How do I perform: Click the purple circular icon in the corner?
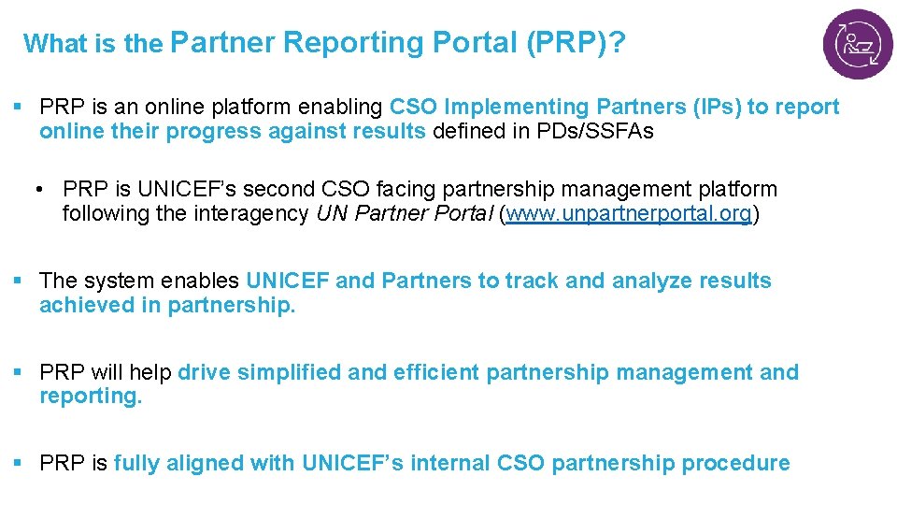click(857, 44)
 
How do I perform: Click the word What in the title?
click(55, 43)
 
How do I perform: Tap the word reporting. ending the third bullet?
click(91, 397)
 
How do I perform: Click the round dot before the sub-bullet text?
click(43, 190)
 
